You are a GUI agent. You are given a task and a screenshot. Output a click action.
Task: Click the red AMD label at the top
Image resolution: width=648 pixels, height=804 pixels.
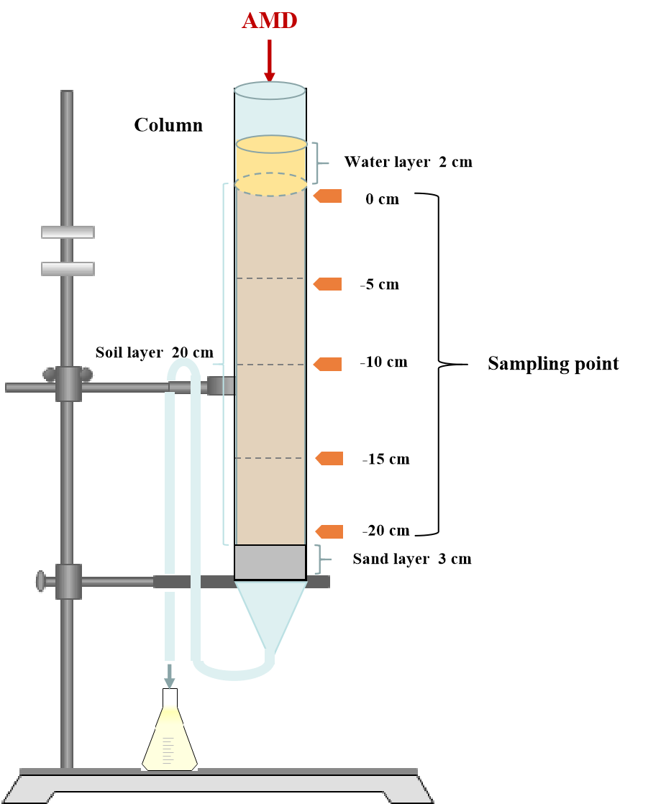pyautogui.click(x=270, y=21)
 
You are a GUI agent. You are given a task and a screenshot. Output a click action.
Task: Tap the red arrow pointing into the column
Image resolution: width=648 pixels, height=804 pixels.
pyautogui.click(x=270, y=62)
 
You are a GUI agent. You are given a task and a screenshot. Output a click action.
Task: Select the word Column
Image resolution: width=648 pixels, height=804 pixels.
pyautogui.click(x=168, y=125)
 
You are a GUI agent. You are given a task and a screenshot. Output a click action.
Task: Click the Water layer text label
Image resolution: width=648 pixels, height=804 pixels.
pyautogui.click(x=387, y=162)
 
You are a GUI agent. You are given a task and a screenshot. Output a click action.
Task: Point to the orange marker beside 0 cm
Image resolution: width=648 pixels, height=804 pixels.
pyautogui.click(x=327, y=196)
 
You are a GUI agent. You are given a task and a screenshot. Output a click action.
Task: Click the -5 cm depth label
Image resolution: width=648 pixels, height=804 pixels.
pyautogui.click(x=380, y=285)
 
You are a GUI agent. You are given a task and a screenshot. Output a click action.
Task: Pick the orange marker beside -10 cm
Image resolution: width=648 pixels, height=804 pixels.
pyautogui.click(x=327, y=364)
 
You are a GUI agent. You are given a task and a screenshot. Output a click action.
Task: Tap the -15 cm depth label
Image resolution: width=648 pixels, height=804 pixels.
pyautogui.click(x=386, y=460)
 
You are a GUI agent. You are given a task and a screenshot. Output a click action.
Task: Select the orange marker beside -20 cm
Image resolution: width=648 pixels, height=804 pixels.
pyautogui.click(x=329, y=531)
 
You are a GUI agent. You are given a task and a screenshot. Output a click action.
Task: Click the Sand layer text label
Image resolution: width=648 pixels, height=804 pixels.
pyautogui.click(x=391, y=559)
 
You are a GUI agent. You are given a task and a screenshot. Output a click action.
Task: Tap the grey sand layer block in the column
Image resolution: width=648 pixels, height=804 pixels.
pyautogui.click(x=270, y=562)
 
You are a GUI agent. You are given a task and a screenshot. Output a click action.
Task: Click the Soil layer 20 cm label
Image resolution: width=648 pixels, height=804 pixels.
pyautogui.click(x=155, y=352)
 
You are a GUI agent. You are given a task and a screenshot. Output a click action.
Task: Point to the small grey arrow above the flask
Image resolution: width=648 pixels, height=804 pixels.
pyautogui.click(x=170, y=676)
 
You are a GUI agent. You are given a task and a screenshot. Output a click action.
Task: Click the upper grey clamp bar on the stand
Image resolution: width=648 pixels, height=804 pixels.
pyautogui.click(x=68, y=232)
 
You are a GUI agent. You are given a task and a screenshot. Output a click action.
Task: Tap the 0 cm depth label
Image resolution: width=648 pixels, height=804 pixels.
pyautogui.click(x=382, y=199)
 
